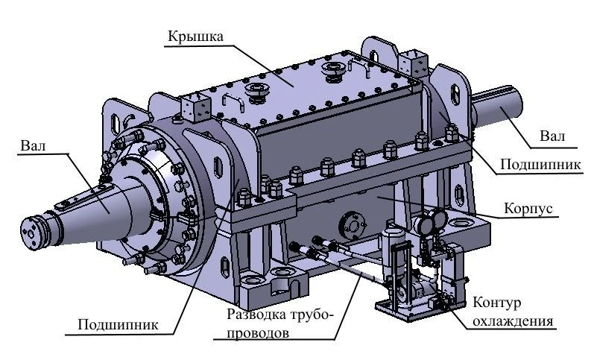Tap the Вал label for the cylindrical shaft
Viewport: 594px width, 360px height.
[552, 136]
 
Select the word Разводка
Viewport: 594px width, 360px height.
[253, 314]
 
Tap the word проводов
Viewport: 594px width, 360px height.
[256, 333]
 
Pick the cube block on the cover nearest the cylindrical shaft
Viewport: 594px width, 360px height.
[409, 60]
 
